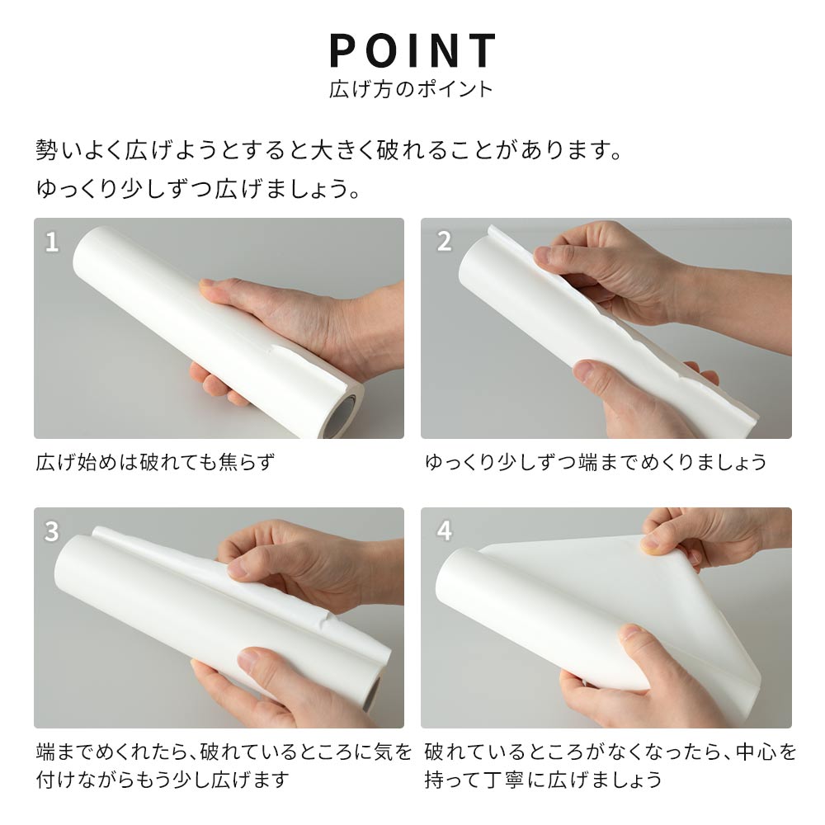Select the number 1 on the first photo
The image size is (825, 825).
tap(52, 242)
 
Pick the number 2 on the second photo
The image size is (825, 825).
tap(445, 242)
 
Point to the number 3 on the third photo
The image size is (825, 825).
tap(52, 531)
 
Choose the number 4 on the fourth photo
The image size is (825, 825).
tap(445, 531)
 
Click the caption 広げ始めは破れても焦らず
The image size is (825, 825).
tap(154, 462)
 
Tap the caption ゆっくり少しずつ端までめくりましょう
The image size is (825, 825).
tap(596, 462)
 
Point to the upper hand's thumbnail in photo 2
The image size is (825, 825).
tap(544, 257)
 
